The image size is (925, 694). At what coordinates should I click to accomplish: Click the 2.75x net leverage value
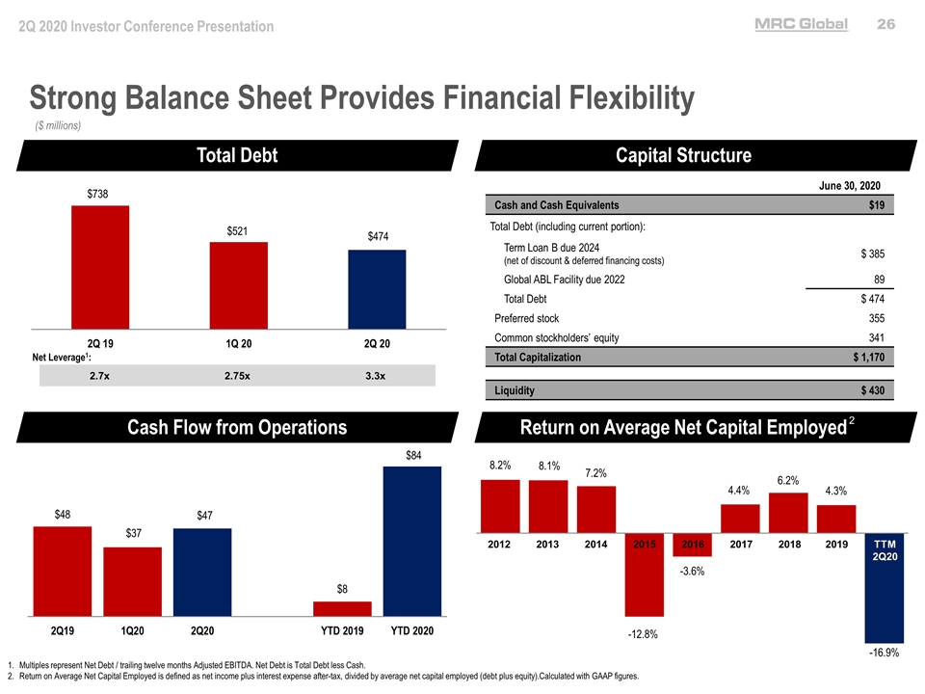tap(237, 375)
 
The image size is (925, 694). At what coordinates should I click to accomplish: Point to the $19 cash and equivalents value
tap(876, 205)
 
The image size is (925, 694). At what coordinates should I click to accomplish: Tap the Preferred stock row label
tap(526, 318)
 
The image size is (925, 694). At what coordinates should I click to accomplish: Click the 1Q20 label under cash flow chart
tap(132, 630)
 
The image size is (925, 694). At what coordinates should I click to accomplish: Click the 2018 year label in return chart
tap(788, 545)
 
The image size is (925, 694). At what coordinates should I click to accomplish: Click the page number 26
tap(885, 26)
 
